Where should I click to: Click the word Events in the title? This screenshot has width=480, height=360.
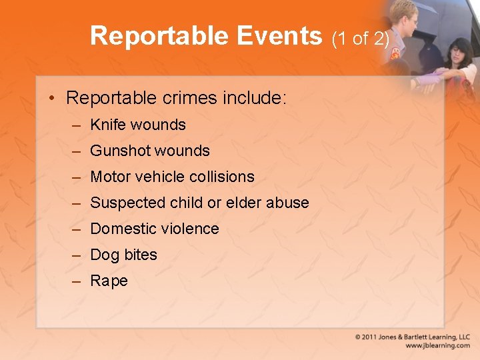[276, 36]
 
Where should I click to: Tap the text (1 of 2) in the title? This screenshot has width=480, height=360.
[361, 38]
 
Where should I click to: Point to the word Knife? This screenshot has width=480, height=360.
[108, 125]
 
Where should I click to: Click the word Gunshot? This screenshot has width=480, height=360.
[120, 151]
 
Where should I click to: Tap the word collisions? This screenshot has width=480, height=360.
[221, 177]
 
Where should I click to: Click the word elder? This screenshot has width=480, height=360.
[244, 203]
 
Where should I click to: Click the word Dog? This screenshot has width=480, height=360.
[105, 255]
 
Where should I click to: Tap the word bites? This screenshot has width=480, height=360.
[141, 255]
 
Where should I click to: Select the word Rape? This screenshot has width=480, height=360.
[109, 281]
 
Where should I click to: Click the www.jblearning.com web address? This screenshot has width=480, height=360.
[437, 346]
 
